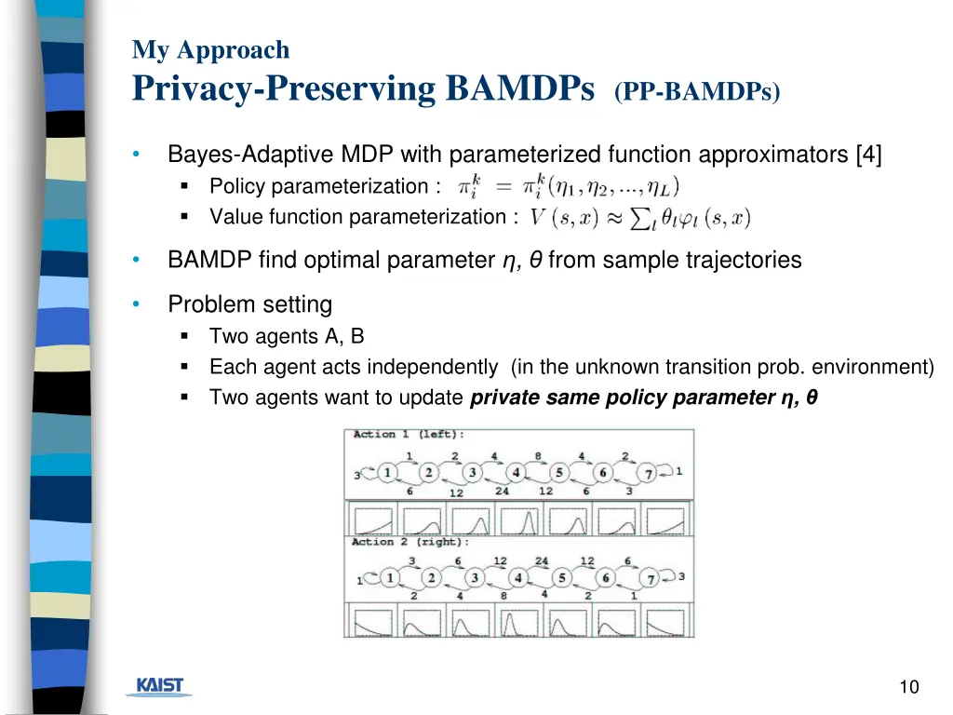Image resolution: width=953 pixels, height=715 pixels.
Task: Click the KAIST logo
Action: [159, 686]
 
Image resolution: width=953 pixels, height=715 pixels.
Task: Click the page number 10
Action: [908, 687]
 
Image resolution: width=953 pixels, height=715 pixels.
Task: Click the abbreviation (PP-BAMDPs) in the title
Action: [697, 92]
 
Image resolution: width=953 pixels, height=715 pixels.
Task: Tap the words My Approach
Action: [210, 49]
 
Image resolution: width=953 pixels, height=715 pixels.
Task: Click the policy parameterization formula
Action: [569, 186]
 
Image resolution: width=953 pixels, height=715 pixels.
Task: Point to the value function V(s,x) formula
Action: [639, 218]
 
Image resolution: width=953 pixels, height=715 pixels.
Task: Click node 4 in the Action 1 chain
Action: [515, 473]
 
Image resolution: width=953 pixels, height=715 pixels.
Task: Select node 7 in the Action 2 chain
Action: [651, 578]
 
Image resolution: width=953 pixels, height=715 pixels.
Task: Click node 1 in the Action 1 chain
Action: [386, 473]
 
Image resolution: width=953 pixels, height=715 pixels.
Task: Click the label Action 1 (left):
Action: [408, 435]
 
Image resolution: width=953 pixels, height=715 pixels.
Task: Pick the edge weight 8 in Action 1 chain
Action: [538, 456]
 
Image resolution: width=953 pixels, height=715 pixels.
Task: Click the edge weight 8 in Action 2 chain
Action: [503, 595]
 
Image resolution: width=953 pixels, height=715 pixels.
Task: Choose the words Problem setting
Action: [249, 304]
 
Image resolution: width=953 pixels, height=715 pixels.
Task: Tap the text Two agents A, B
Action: [287, 337]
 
